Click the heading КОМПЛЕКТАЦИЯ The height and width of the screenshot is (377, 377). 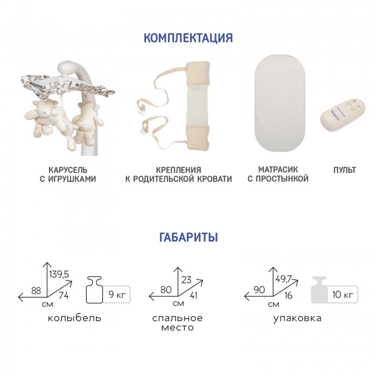(188, 38)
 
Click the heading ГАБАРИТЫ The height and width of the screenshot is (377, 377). (188, 237)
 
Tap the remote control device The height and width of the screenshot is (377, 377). (344, 114)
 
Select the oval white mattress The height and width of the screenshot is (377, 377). (280, 103)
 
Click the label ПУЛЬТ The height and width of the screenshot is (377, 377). (345, 170)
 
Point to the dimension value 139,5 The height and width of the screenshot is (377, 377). (59, 274)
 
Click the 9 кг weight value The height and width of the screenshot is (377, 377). (117, 294)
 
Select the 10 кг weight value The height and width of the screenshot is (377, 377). (343, 294)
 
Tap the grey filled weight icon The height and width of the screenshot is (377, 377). (319, 290)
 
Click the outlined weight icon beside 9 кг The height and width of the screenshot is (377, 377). (94, 290)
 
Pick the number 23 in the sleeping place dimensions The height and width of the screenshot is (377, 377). (186, 280)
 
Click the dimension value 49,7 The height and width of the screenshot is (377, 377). (283, 279)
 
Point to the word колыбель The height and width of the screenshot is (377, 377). (74, 318)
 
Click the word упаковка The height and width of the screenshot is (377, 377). (297, 318)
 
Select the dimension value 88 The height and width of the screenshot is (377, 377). (36, 291)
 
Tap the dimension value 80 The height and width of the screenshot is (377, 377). (166, 290)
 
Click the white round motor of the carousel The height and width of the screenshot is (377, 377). (67, 67)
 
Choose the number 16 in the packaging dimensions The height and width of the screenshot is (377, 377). (288, 295)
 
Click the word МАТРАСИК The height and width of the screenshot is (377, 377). (278, 170)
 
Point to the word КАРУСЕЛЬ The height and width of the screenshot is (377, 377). (68, 170)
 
